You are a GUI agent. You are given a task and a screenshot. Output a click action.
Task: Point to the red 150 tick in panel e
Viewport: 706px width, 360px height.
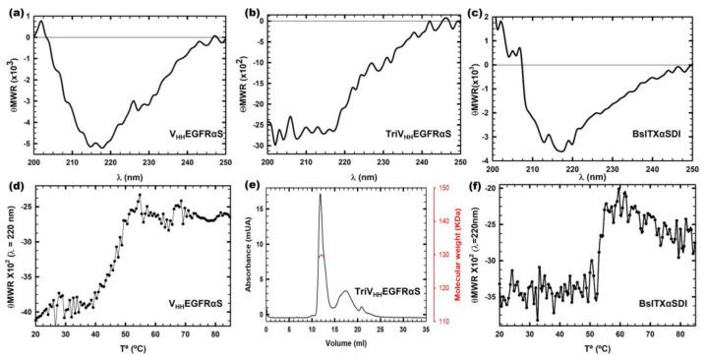[x=444, y=189]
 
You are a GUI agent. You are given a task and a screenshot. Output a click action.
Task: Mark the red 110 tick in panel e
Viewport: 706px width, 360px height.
[x=444, y=322]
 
